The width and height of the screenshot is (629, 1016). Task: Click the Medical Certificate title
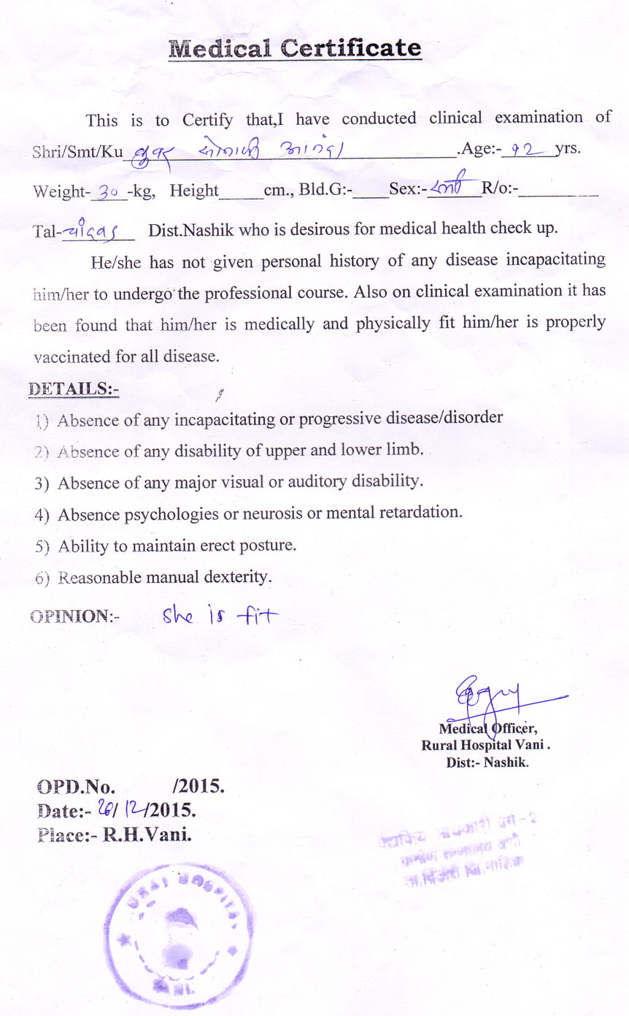[x=295, y=49]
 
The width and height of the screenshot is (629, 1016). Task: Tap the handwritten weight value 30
[x=109, y=192]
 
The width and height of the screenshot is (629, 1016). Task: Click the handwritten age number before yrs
[x=523, y=150]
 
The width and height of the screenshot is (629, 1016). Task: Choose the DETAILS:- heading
[x=73, y=389]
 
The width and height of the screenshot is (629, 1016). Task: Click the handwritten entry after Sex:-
[x=452, y=189]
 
